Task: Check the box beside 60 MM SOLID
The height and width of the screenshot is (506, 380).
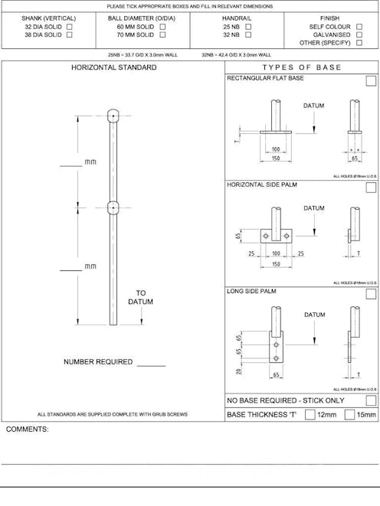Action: [162, 27]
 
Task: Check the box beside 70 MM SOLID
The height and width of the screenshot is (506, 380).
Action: [162, 35]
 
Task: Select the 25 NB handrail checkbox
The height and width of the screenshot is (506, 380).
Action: [248, 27]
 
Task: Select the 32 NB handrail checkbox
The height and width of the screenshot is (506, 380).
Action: [248, 35]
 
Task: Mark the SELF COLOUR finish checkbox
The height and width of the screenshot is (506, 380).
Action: [359, 27]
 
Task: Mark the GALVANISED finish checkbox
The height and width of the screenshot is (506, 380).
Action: [359, 35]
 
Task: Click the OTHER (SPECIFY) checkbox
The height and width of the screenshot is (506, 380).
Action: [359, 44]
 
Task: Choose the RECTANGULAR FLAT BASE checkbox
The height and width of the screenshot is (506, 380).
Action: [371, 80]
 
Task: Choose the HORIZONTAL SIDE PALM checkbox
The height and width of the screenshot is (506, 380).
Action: [371, 186]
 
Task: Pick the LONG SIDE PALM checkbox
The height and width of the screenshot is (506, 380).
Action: [371, 292]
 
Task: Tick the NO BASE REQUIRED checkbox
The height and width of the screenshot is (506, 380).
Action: [371, 400]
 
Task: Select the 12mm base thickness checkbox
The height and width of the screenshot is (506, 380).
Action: [310, 415]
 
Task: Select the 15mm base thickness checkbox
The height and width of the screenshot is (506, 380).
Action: [349, 415]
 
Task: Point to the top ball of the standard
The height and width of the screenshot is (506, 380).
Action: [113, 116]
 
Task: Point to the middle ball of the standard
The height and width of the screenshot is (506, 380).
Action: [113, 207]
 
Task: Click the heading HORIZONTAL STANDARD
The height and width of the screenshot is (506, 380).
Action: [114, 68]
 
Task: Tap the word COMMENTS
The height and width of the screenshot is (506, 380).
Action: [27, 429]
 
